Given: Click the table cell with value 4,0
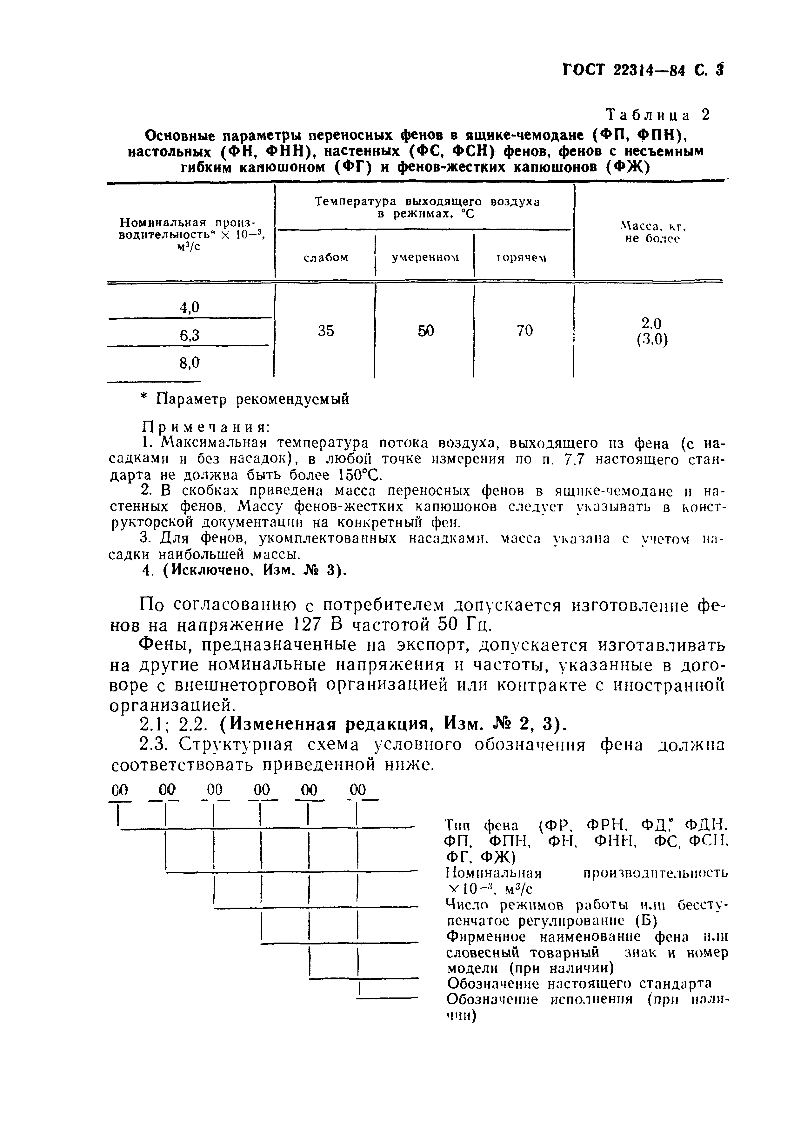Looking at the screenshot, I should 189,308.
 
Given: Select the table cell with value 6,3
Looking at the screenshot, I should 189,336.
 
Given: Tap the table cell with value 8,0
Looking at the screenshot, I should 189,363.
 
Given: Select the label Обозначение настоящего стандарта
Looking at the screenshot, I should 579,984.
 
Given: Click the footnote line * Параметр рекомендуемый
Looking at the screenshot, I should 245,399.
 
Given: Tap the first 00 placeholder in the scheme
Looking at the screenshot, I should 120,790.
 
